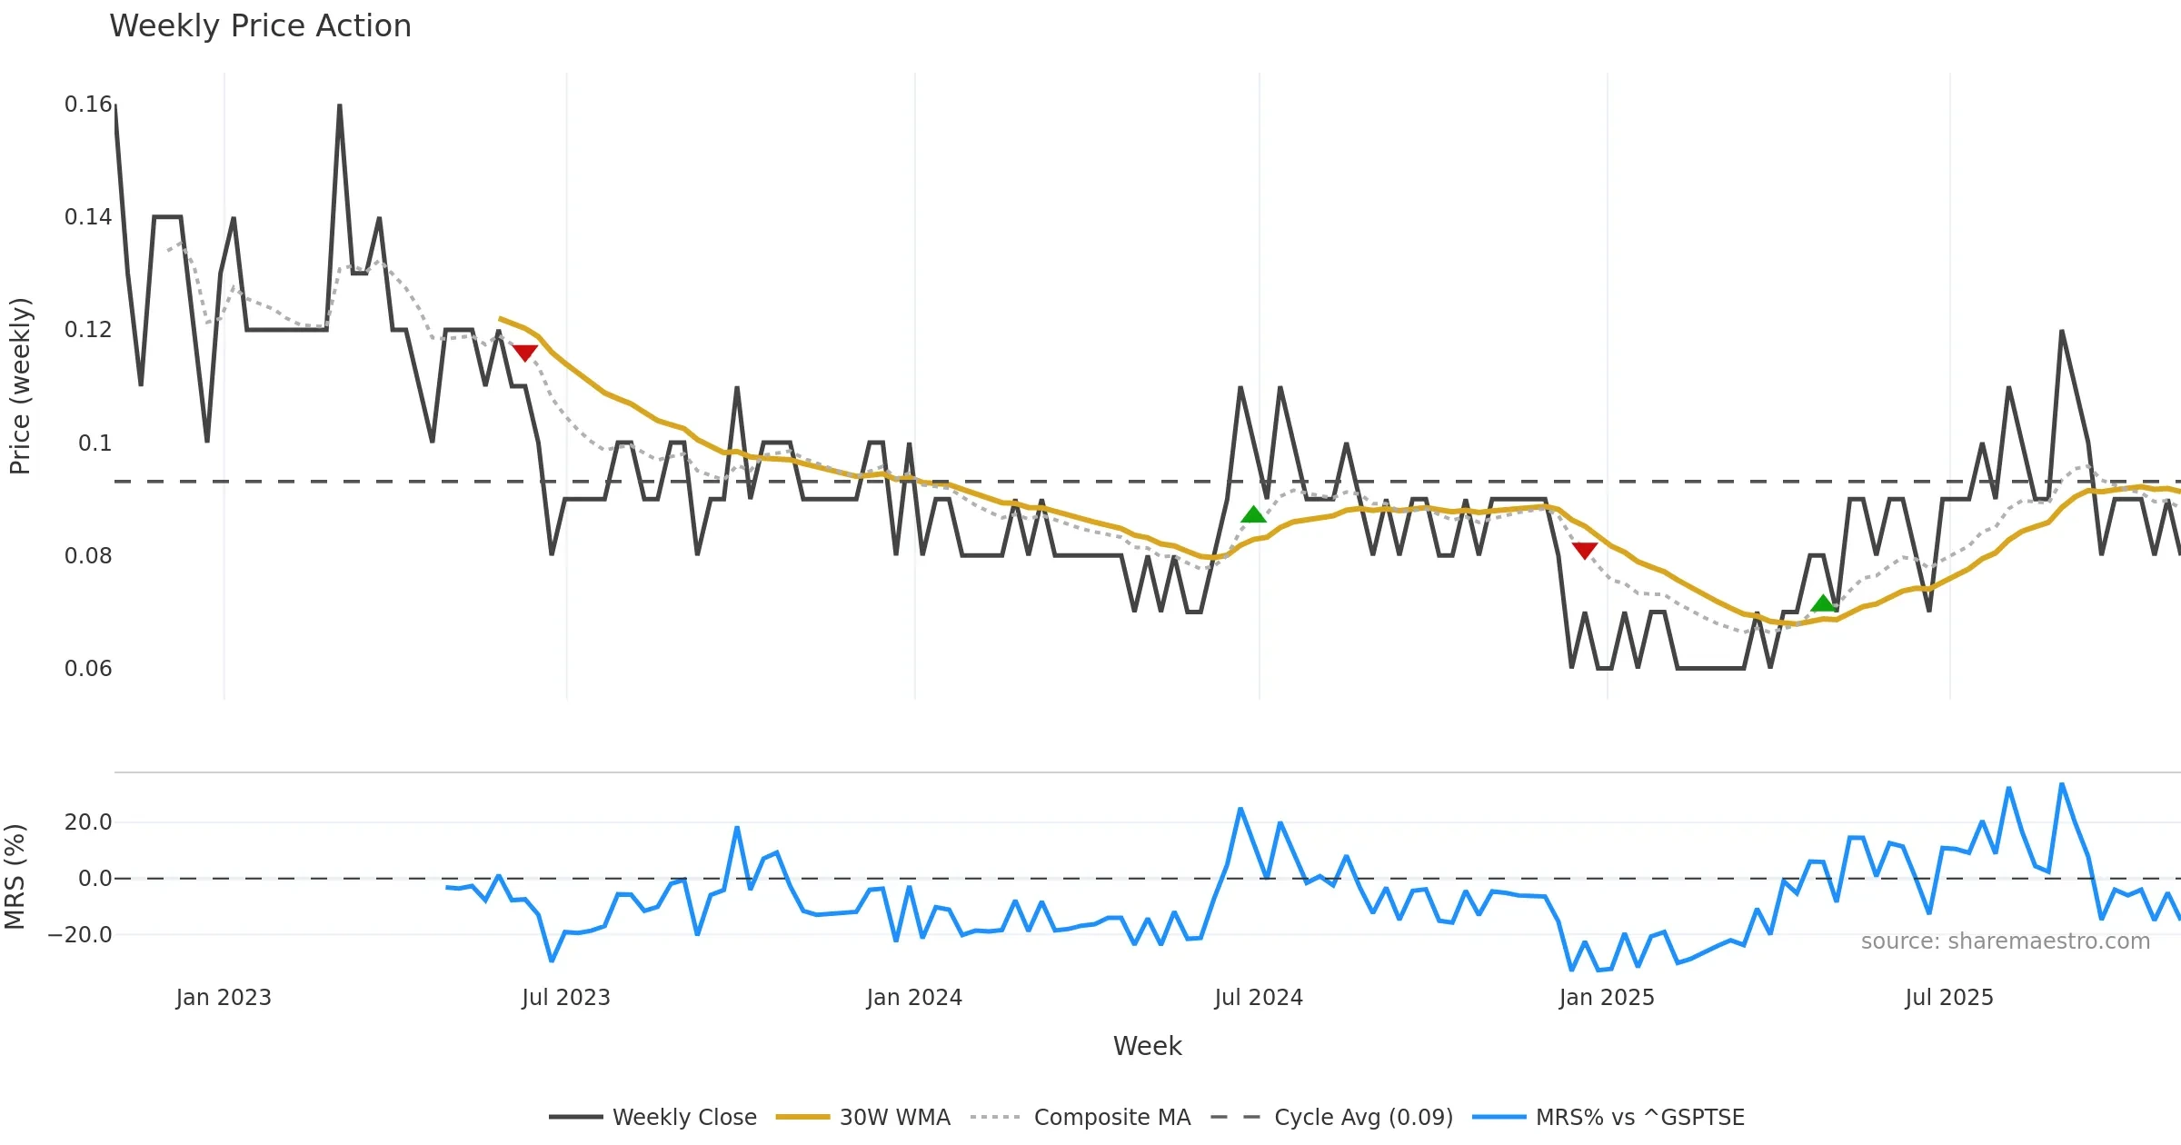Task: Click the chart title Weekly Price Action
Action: pos(260,26)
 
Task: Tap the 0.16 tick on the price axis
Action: pos(88,105)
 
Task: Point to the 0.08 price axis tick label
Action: pos(88,555)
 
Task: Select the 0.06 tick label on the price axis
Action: pos(88,668)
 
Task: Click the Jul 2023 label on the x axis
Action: pos(565,997)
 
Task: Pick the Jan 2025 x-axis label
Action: pos(1606,997)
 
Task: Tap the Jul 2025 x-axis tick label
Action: pos(1948,997)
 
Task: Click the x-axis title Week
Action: pos(1147,1046)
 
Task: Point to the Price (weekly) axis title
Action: pos(20,386)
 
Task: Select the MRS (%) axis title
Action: pos(15,877)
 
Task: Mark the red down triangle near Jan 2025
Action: pos(1584,550)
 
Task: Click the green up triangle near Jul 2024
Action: pos(1253,515)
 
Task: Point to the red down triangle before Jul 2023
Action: pos(524,353)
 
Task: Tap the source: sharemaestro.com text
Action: pos(2005,941)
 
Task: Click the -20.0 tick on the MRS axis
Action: pos(81,934)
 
